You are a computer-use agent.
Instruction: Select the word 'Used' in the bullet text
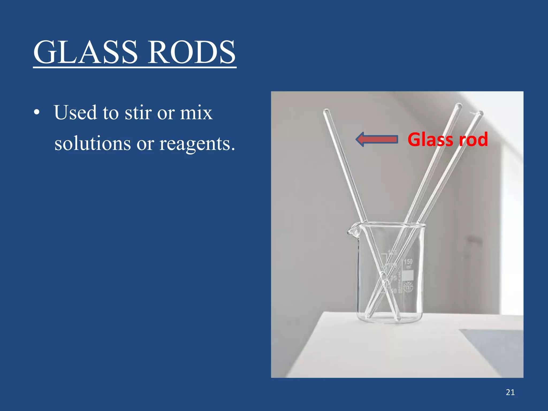coord(75,113)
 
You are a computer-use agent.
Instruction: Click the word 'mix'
coord(196,113)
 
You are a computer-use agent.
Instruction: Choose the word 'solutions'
coord(93,143)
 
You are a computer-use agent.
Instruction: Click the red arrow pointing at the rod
coord(377,139)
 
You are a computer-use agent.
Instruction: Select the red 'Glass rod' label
coord(448,139)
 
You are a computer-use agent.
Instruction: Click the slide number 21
coord(510,392)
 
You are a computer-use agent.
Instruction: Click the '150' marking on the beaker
coord(408,262)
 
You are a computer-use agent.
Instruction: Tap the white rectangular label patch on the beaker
coord(408,275)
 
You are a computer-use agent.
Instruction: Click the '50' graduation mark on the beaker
coord(393,291)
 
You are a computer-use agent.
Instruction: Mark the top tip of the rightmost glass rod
coord(480,113)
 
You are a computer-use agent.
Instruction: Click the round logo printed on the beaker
coord(408,288)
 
